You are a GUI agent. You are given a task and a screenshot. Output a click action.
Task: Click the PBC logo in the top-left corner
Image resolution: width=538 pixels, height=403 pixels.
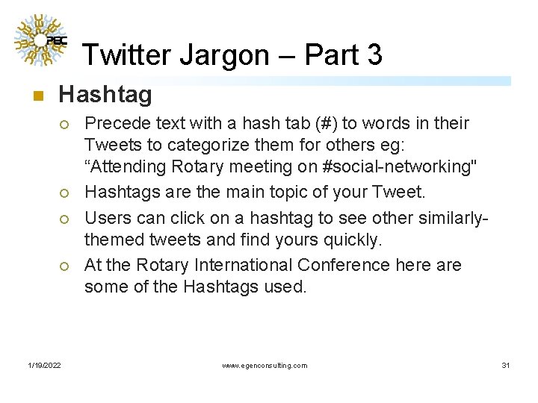40,42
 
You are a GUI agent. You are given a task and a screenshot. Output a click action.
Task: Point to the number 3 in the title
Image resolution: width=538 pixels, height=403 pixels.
374,54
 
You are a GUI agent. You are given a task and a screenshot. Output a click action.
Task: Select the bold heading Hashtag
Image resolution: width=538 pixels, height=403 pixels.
105,95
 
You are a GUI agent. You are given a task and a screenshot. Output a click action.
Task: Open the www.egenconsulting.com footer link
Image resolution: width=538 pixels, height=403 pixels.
265,365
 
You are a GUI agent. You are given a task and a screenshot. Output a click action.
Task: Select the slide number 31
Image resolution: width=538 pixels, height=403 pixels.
506,365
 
